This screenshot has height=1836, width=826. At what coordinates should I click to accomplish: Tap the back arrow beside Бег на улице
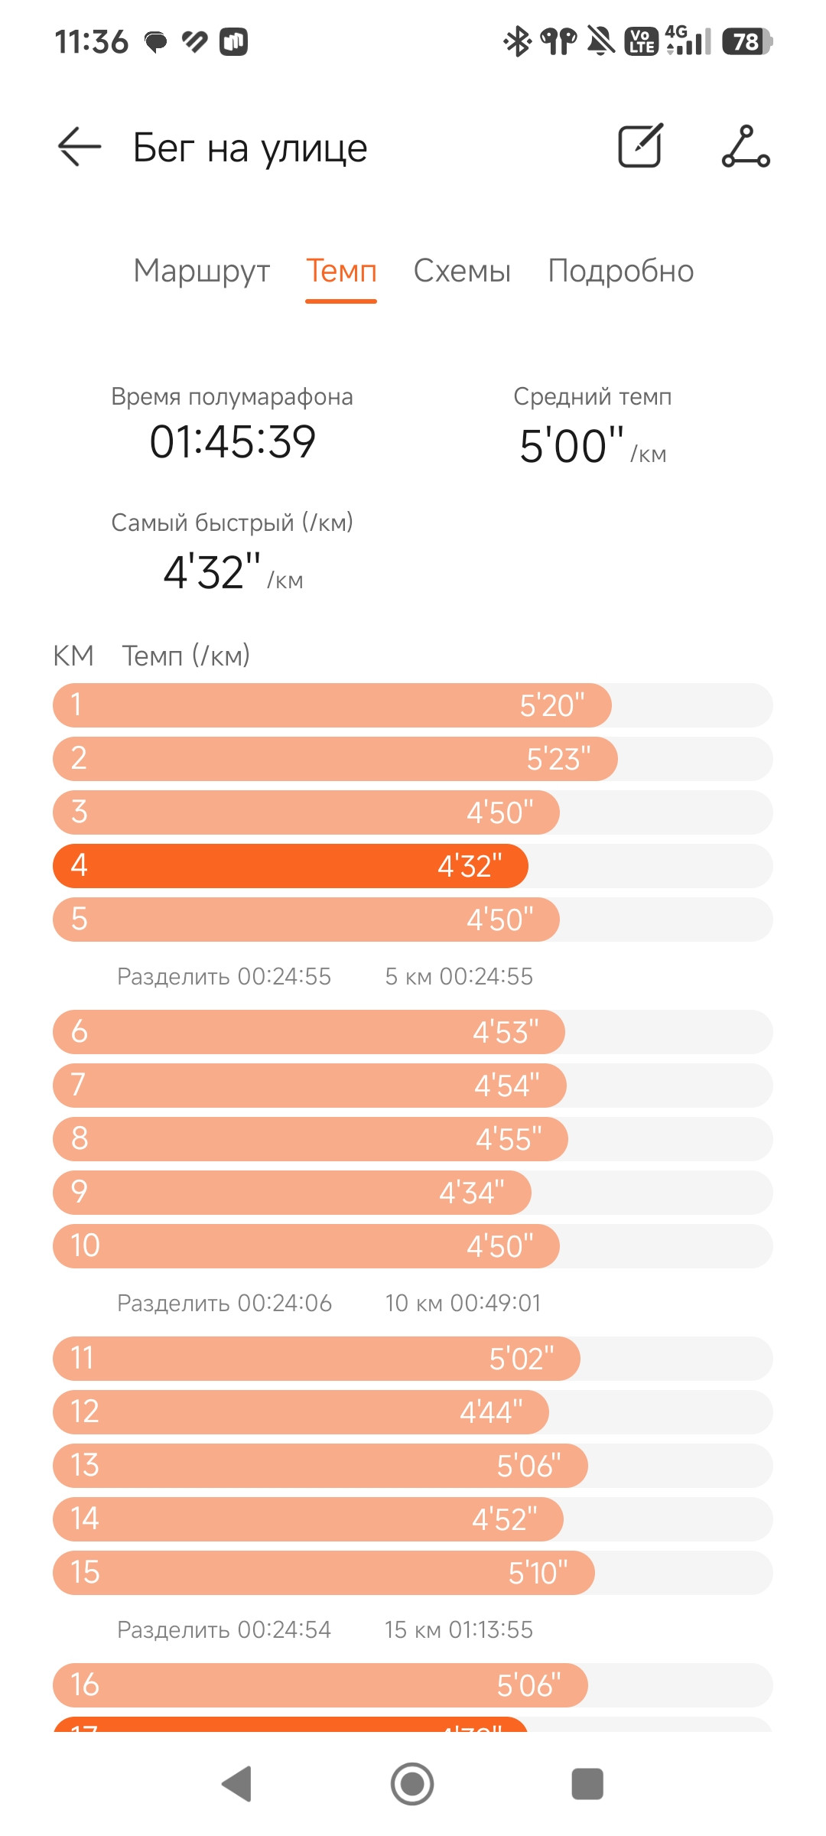click(80, 146)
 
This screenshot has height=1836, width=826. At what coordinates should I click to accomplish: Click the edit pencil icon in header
click(640, 145)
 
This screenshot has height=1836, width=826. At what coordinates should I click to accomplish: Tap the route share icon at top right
click(746, 146)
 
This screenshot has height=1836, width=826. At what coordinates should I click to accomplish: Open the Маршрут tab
click(202, 271)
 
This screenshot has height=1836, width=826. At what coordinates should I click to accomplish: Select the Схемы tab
click(462, 271)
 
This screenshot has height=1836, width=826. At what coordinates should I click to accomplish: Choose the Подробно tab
click(621, 271)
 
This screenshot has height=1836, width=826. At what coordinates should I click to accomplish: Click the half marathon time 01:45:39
click(233, 441)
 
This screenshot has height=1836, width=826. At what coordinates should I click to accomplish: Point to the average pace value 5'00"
click(572, 446)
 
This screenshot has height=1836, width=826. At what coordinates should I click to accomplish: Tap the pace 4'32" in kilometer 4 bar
click(470, 866)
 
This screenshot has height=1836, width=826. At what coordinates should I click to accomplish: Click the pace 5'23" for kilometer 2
click(558, 759)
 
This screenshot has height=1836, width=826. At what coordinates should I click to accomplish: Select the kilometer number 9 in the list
click(79, 1191)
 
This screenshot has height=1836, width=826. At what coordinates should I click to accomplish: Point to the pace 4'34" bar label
click(472, 1193)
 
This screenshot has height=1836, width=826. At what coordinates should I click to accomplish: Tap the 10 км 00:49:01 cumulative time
click(463, 1303)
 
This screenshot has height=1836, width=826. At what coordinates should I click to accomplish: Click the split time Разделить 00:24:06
click(224, 1303)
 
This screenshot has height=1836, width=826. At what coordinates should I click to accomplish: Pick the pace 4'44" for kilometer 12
click(491, 1412)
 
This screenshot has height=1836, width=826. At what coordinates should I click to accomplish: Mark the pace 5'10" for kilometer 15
click(538, 1573)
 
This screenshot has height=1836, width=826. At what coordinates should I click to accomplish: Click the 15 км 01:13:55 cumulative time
click(459, 1629)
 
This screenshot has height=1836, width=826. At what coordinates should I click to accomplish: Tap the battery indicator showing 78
click(747, 41)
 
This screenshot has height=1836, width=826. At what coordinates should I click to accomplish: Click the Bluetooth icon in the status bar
click(518, 41)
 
